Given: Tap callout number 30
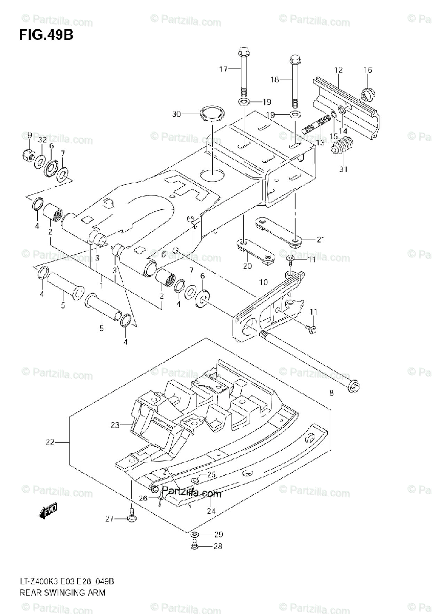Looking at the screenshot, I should pos(176,114).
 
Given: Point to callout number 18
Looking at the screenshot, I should pos(275,79).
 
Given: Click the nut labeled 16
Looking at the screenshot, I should pos(366,94).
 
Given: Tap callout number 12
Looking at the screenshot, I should pos(338,70).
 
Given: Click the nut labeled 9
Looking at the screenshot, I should pos(29,153).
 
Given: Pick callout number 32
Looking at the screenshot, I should pos(42,140).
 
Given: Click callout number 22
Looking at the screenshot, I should pos(50,442).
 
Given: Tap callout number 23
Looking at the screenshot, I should pos(115,425).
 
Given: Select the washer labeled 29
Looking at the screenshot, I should pos(195,535).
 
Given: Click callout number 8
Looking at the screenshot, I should pos(331,393).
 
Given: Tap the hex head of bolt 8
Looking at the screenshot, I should pos(353,387).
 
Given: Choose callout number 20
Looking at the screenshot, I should pos(247,266).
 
